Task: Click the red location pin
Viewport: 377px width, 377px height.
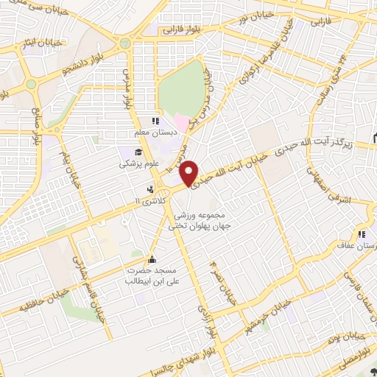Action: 191,172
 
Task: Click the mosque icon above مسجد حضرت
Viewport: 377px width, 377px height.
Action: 152,259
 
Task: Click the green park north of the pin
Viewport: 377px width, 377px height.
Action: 181,89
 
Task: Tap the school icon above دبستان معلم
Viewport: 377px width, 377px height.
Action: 155,121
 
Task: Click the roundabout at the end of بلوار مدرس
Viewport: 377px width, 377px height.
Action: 125,43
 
